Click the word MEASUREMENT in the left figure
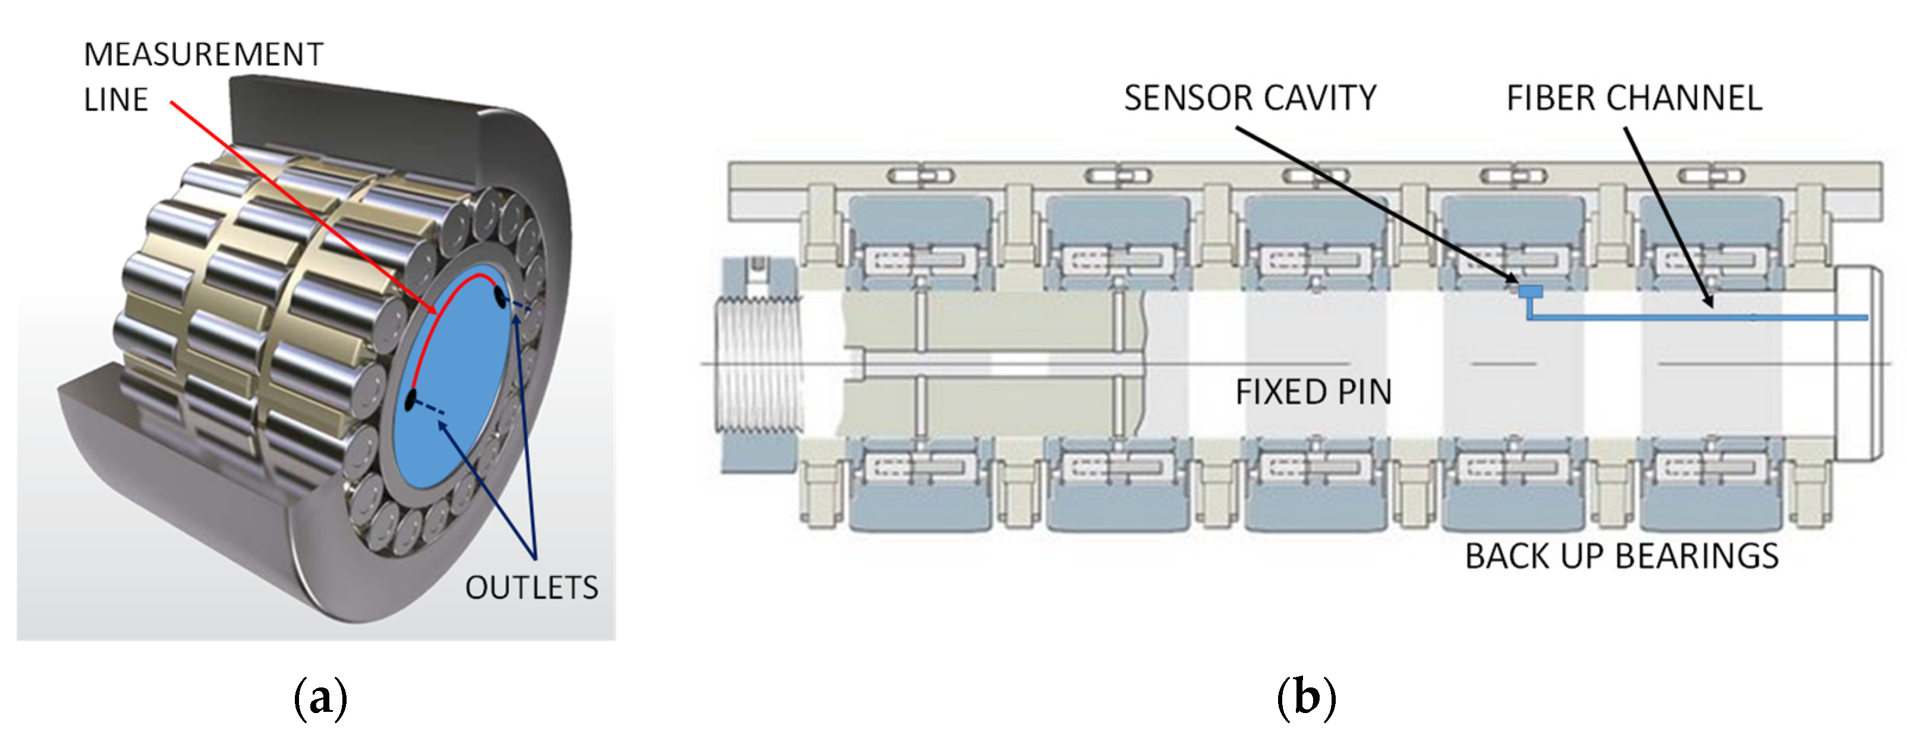[203, 55]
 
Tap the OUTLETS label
[531, 588]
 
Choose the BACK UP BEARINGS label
[1621, 557]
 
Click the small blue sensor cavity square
[1530, 291]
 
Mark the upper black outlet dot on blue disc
[501, 299]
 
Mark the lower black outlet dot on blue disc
[410, 400]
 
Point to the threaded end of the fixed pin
[759, 363]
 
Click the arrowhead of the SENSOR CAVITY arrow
[1516, 280]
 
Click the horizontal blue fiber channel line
[1703, 318]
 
